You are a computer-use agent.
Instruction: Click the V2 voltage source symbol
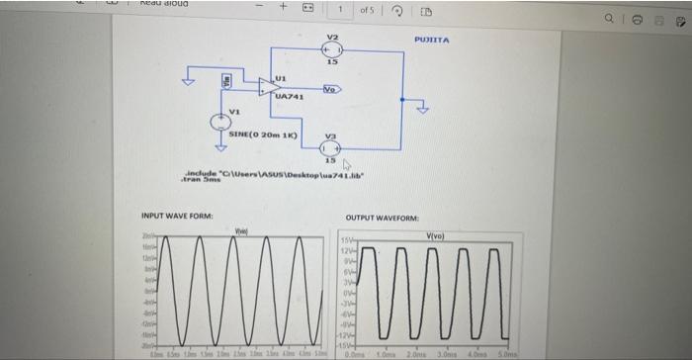[333, 47]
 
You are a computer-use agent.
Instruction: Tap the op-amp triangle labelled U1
[267, 87]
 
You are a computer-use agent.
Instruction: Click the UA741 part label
[276, 97]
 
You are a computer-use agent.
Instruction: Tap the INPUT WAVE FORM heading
[171, 216]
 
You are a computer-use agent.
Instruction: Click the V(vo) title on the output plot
[435, 234]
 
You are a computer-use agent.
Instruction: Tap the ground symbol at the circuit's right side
[424, 109]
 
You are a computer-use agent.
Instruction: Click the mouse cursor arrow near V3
[347, 163]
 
